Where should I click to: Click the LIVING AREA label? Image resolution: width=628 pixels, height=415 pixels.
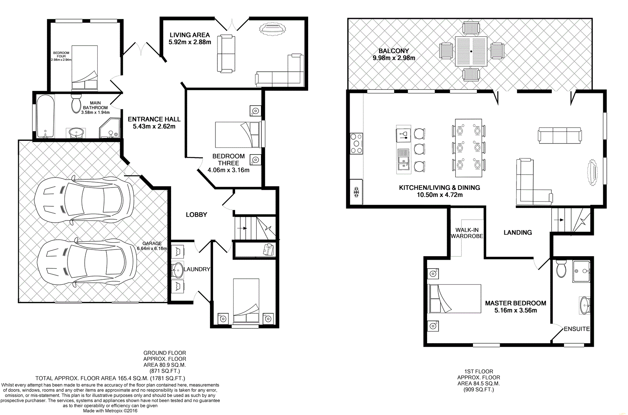190,35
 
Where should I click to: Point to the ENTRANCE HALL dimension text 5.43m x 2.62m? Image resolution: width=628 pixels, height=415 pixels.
154,126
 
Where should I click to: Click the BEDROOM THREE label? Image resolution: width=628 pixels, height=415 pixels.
228,159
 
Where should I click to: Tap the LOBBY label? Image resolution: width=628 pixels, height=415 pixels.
196,215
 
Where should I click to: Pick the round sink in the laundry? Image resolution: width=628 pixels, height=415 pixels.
177,269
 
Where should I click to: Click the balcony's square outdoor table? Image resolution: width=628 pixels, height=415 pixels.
471,51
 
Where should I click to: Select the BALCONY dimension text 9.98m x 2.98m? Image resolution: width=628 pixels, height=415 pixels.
394,58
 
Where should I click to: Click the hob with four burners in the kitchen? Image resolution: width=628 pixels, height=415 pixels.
356,143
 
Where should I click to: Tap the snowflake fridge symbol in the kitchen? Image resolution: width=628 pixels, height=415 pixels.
357,192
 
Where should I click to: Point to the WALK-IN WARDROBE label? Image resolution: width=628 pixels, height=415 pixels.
467,233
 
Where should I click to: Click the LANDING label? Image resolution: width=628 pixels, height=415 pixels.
517,233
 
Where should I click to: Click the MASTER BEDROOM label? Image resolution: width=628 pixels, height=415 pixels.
515,303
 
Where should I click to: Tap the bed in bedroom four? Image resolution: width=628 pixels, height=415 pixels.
84,67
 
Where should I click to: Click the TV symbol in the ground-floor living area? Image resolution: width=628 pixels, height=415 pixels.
271,29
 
